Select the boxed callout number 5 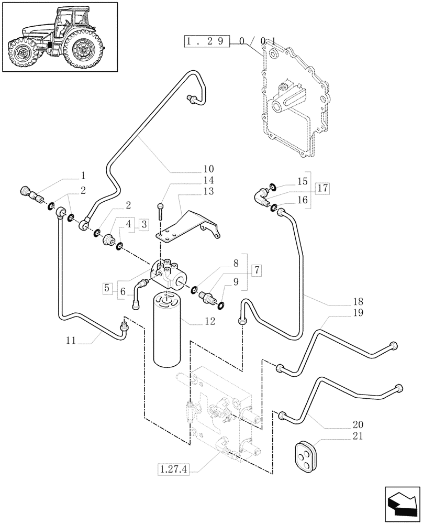[x=107, y=288]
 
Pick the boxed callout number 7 [x=256, y=271]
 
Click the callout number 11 [x=71, y=341]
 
